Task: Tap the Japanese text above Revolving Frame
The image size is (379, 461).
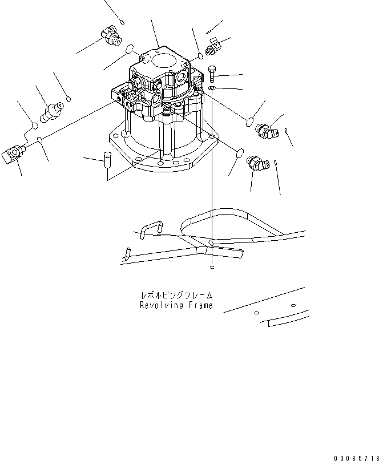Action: click(176, 296)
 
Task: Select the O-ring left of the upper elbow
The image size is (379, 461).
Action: click(249, 120)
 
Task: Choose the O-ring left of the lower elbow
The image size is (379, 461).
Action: click(240, 152)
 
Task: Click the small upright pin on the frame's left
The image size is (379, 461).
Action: click(128, 250)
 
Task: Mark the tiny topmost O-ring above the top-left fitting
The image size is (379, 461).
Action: click(123, 23)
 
